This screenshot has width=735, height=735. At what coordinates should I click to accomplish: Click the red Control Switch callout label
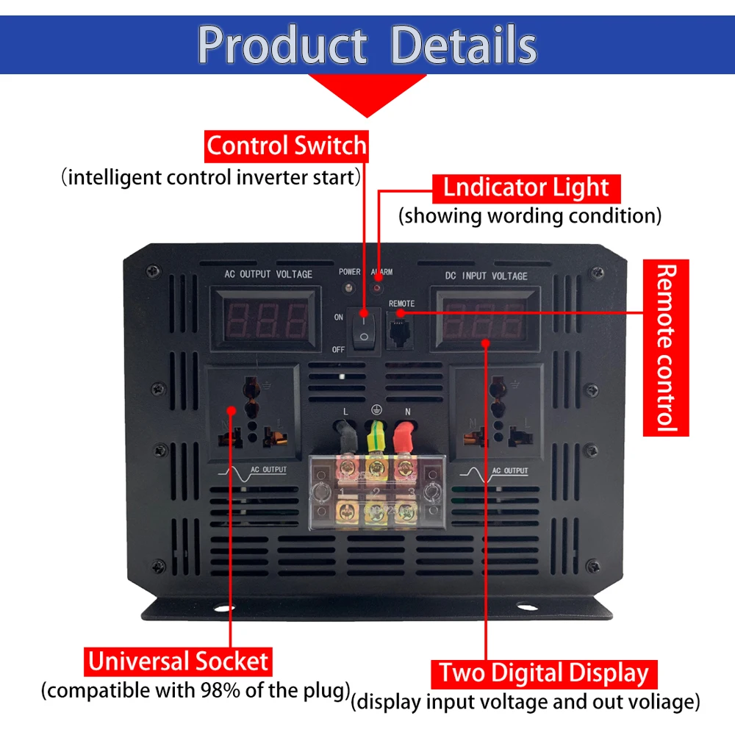point(287,146)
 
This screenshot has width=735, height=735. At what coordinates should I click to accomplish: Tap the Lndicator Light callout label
point(526,188)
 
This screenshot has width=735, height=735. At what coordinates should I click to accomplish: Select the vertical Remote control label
point(666,348)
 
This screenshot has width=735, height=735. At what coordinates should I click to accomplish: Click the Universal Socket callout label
point(178,661)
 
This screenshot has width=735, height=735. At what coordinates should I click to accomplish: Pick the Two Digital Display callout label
point(544,673)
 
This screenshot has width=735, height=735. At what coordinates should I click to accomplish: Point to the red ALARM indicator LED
point(376,288)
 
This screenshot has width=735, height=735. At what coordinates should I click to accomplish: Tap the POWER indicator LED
point(348,287)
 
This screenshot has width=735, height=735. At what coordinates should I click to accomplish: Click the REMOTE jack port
point(399,331)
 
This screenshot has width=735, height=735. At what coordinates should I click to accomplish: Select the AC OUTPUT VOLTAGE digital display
point(266,320)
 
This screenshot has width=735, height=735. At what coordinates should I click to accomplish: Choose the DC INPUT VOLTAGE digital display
point(484,320)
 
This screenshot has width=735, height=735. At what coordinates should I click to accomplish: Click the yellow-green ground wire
point(376,437)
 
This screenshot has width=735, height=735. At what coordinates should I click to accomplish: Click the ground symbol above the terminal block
point(376,410)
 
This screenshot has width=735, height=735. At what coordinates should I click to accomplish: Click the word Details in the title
point(464,45)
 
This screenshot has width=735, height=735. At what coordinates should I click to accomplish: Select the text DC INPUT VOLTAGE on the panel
point(486,276)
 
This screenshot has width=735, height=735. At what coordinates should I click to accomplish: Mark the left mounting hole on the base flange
point(224,609)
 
